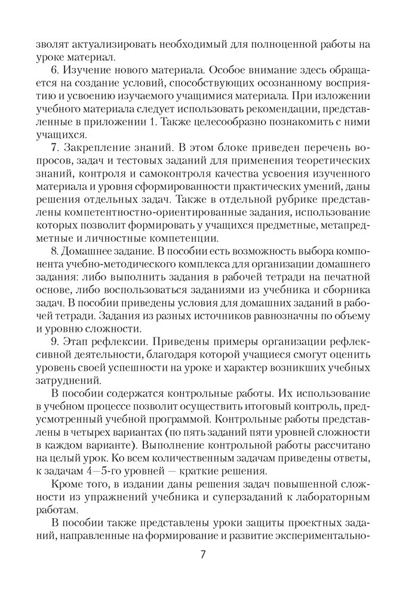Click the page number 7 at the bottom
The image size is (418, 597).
203,555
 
